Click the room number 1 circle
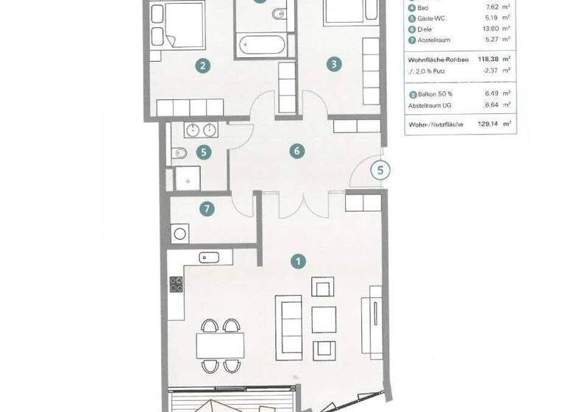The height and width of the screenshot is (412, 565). point(298,260)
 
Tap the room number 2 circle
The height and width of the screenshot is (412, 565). point(203,65)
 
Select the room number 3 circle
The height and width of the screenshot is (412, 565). point(334,65)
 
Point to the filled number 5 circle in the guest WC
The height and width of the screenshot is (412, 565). point(204,153)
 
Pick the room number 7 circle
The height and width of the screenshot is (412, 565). point(207,209)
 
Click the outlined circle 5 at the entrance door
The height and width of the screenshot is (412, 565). point(380,171)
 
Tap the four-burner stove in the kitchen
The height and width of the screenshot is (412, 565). point(177,284)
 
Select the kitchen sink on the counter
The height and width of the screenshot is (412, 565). point(209,257)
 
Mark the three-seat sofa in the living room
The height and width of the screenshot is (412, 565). point(287,319)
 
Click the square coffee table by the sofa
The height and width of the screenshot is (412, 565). point(324,319)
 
